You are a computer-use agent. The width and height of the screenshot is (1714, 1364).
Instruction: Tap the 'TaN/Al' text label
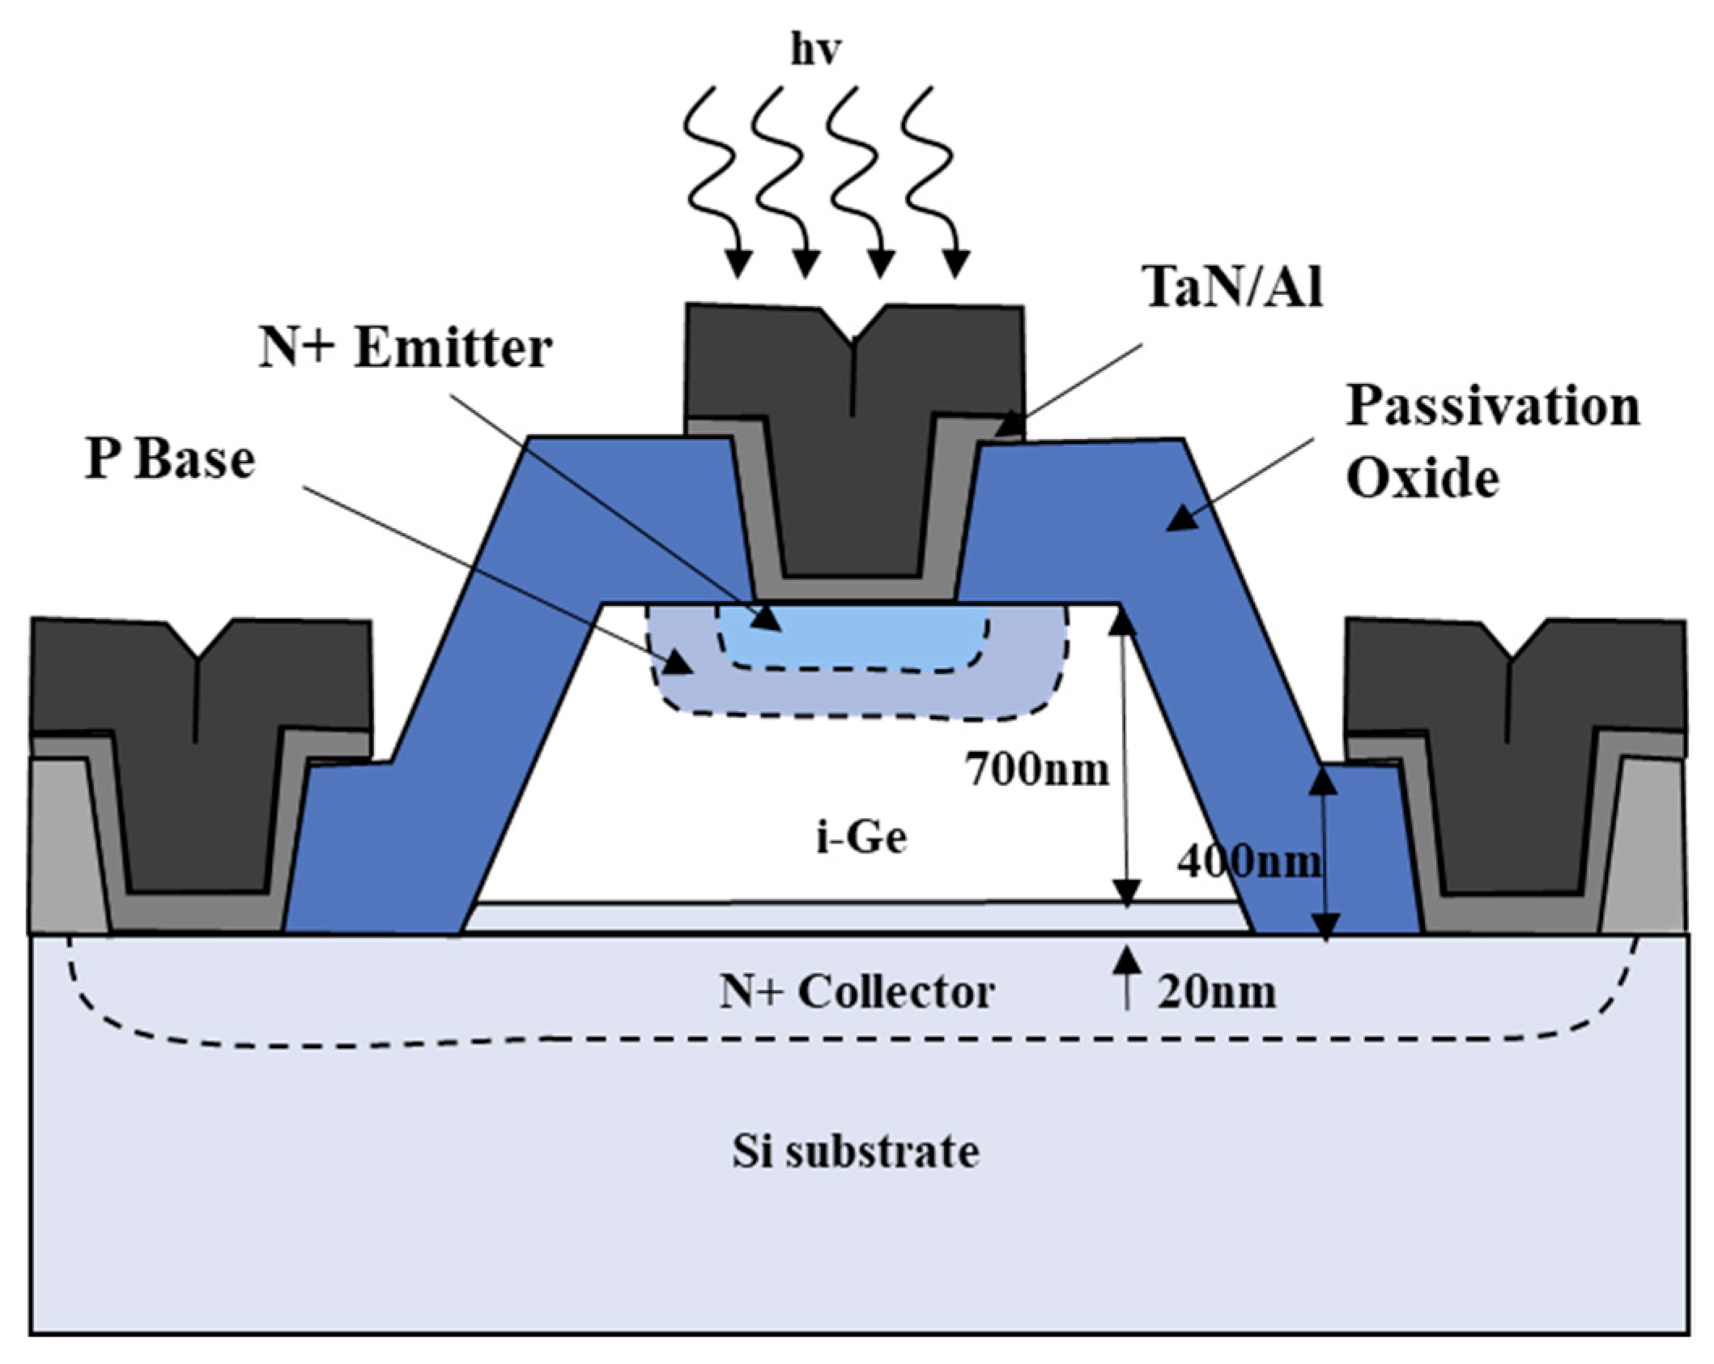[1232, 287]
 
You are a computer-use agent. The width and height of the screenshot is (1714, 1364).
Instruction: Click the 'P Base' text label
[170, 459]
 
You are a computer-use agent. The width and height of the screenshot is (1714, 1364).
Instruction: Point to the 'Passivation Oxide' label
[1492, 441]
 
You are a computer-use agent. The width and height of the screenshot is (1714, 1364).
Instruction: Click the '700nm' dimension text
[1036, 769]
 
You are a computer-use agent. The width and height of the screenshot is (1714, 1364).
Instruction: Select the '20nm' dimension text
[1216, 991]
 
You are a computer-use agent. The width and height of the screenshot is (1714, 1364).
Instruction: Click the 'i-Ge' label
[861, 838]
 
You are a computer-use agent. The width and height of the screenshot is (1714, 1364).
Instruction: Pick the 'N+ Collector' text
[857, 991]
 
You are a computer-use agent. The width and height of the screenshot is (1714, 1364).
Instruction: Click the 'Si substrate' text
[856, 1151]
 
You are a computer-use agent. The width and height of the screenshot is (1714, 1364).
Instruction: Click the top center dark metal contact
[854, 454]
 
